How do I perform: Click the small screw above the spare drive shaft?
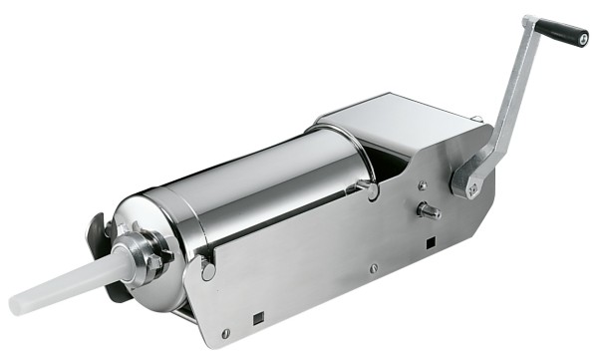coord(424,184)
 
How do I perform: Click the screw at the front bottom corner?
coord(226,333)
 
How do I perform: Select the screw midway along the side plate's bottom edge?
coord(373,267)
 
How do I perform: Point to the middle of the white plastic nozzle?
coord(70,282)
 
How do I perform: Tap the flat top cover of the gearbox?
coord(399,115)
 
